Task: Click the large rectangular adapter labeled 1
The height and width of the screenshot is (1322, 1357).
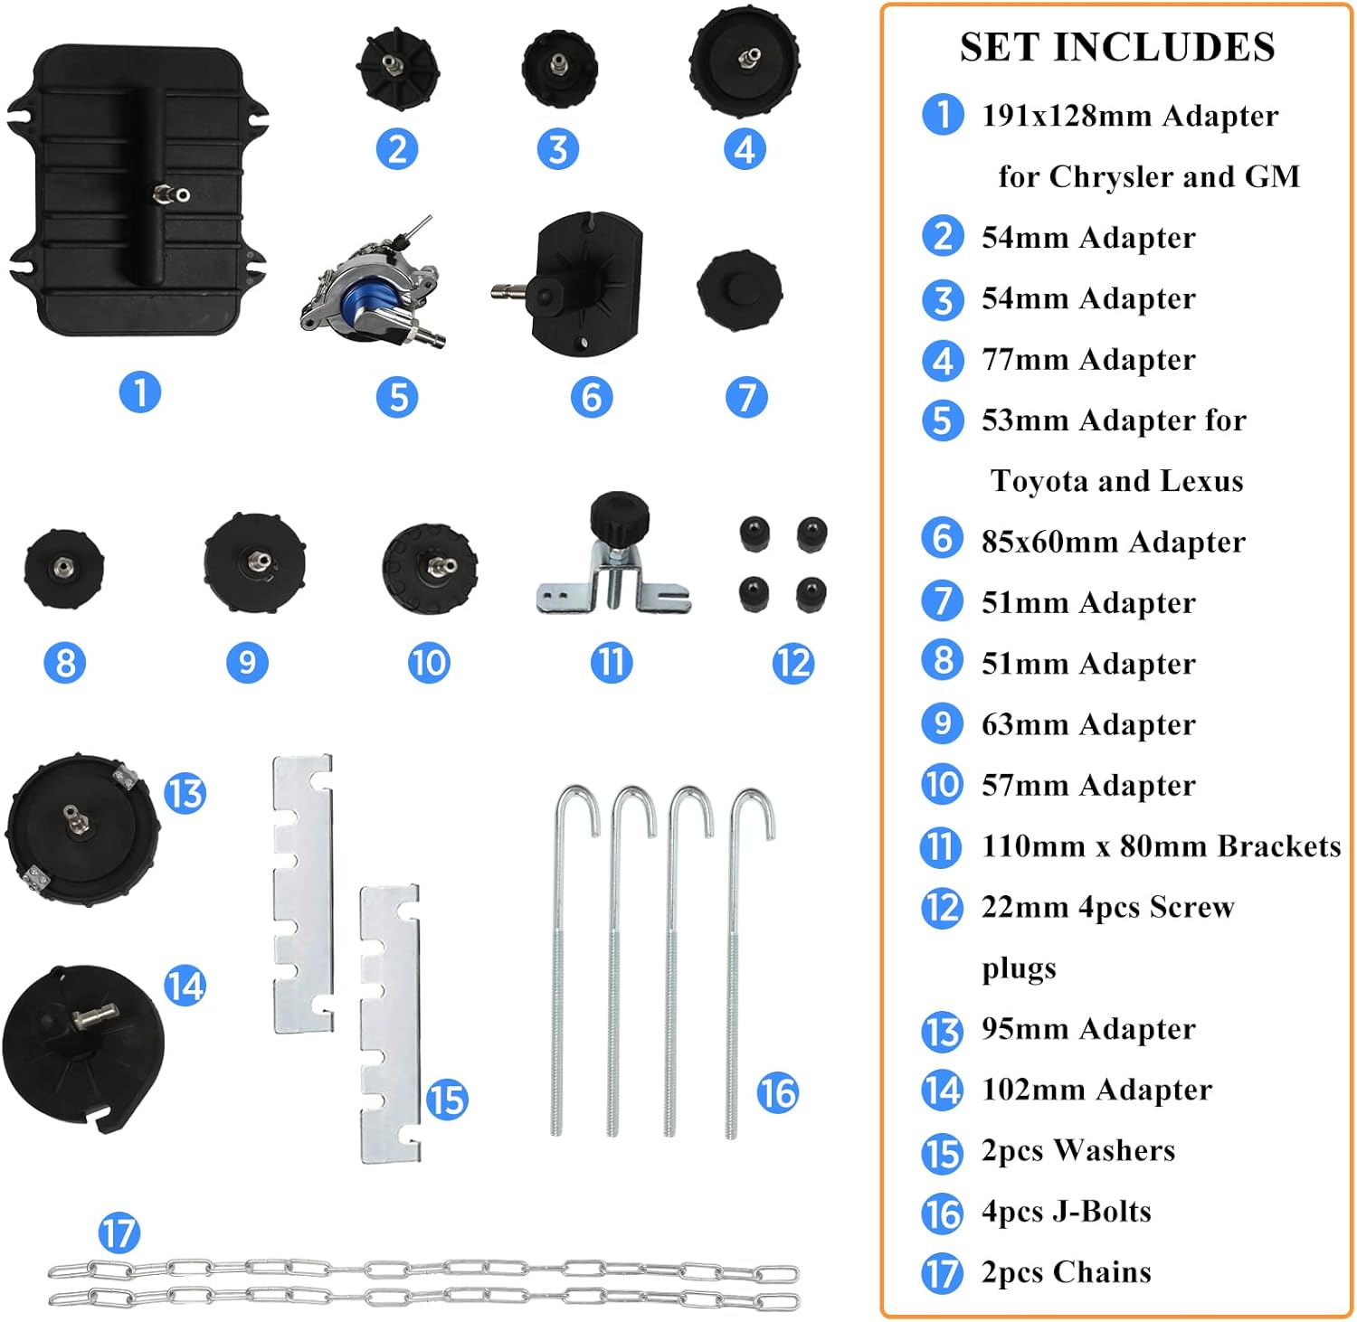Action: (x=138, y=190)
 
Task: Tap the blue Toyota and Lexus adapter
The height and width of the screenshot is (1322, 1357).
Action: (x=371, y=285)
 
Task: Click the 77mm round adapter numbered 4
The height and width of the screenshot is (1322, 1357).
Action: (x=744, y=61)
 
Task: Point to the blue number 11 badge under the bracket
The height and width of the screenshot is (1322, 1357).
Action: (x=612, y=663)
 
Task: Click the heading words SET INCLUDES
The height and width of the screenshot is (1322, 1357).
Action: (x=1117, y=47)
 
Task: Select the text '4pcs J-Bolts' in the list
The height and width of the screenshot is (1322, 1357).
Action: (x=1067, y=1212)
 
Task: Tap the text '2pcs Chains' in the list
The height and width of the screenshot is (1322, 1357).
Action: (x=1067, y=1272)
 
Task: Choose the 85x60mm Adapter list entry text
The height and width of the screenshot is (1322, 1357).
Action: (x=1114, y=542)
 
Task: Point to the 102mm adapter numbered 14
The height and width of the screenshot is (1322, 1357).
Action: (x=83, y=1049)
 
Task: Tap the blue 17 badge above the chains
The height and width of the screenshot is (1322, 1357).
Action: (x=119, y=1233)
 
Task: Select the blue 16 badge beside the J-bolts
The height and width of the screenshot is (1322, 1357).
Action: (x=777, y=1092)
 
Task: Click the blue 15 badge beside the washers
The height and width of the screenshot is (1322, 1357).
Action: (x=447, y=1100)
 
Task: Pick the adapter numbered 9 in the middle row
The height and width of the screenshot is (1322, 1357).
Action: (x=254, y=562)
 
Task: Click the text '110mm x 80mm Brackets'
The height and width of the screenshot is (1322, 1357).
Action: (x=1162, y=846)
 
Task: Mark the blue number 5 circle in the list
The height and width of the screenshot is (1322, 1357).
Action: (x=942, y=420)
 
